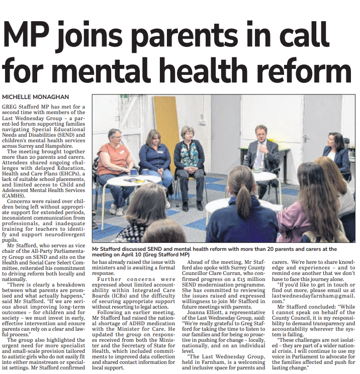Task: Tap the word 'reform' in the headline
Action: tap(297, 71)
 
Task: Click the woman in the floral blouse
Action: tap(190, 156)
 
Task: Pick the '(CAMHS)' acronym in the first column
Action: tap(16, 182)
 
